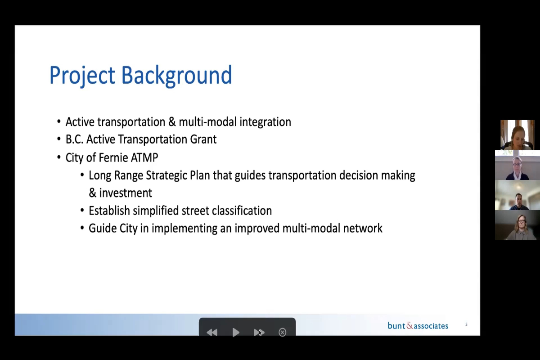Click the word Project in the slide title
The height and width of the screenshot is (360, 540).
click(82, 76)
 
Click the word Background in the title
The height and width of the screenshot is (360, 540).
click(176, 76)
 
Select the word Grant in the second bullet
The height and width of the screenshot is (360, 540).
click(203, 139)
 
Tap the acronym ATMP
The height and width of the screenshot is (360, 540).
click(144, 157)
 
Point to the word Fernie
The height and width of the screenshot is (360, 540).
click(113, 157)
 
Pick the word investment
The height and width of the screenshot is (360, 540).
click(126, 193)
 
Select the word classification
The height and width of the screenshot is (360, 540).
click(242, 211)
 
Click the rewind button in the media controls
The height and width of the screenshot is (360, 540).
click(212, 332)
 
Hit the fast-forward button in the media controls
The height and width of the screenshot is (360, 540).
click(259, 332)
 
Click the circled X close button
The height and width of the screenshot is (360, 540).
click(282, 332)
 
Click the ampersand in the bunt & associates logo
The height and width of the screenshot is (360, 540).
click(409, 326)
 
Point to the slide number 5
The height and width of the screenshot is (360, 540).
click(466, 324)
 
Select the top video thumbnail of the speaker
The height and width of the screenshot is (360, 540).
click(517, 135)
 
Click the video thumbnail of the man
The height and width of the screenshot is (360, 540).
click(517, 195)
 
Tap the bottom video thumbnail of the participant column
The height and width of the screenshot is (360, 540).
click(517, 225)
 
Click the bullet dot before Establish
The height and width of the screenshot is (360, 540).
click(82, 211)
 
